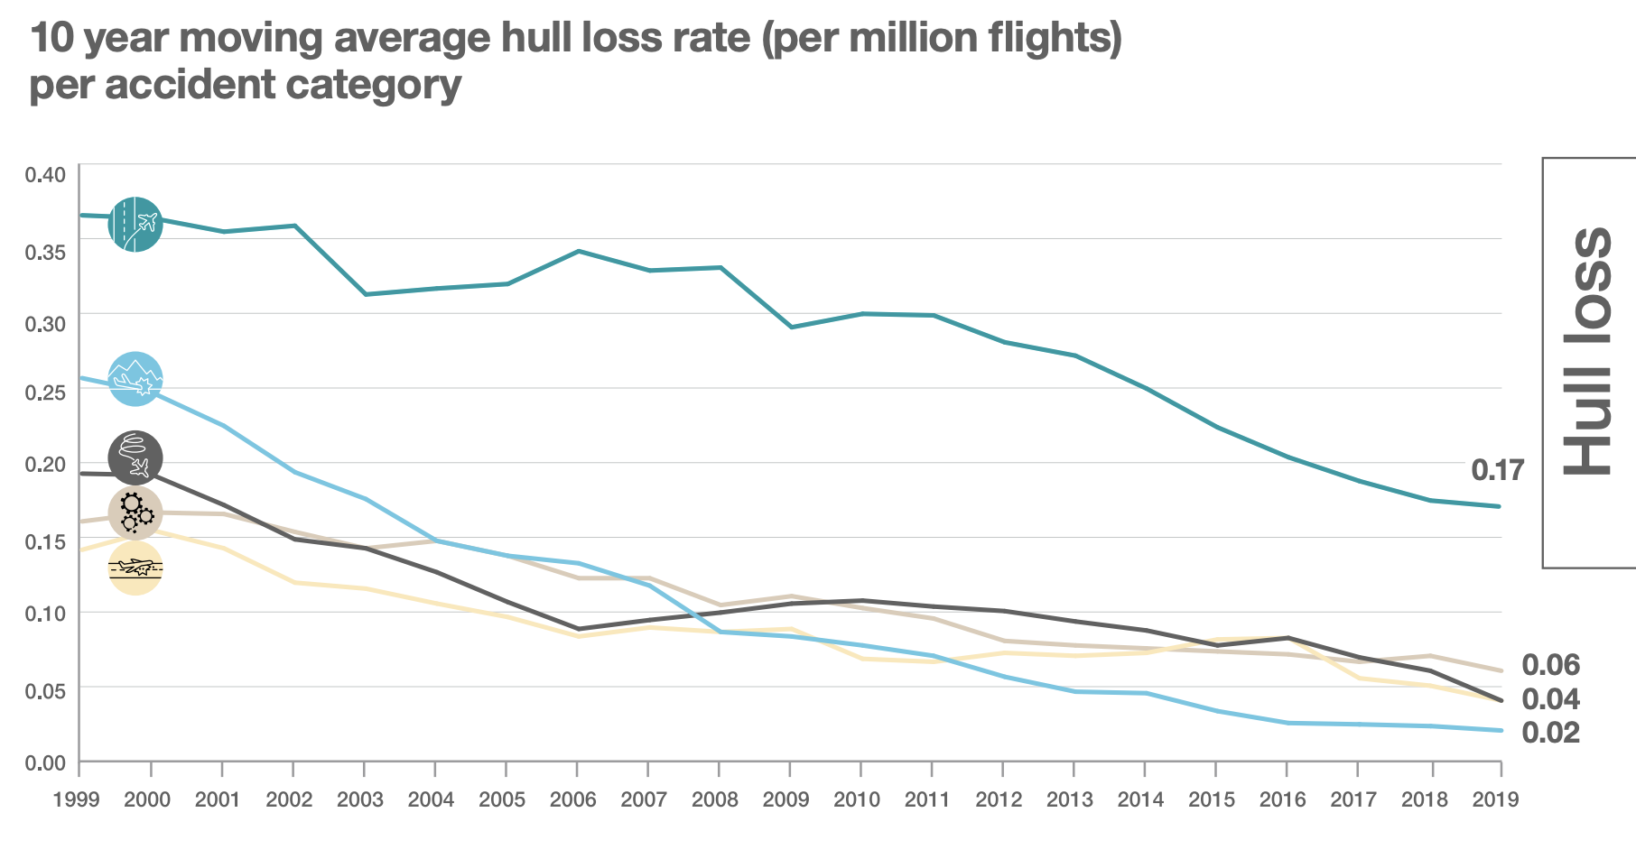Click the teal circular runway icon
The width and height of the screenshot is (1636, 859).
pos(135,224)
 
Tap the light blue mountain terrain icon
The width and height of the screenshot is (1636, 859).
pos(135,379)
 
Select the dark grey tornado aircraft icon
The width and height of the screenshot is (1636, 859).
pos(135,457)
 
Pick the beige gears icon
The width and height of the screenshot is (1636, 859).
pos(135,513)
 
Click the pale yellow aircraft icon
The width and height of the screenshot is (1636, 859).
pos(135,568)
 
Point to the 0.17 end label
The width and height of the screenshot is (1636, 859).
pos(1497,470)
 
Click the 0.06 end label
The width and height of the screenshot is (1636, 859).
pos(1550,665)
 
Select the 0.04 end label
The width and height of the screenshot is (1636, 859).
pos(1550,699)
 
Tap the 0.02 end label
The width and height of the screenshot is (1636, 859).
pos(1550,733)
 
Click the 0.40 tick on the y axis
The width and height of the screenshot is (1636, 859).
pos(45,174)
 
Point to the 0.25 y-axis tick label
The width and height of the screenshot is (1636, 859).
pos(45,393)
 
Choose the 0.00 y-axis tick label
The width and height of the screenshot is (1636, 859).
pos(45,764)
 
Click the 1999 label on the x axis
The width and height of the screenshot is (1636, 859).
pos(77,799)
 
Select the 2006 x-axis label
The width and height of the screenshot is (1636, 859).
pos(573,799)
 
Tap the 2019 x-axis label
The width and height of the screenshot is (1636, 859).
pos(1495,799)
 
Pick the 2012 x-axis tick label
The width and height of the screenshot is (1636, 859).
pos(999,799)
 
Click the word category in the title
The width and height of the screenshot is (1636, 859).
pos(373,84)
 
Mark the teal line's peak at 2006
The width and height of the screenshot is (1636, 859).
pos(578,251)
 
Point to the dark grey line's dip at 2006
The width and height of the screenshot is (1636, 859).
pos(578,629)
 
